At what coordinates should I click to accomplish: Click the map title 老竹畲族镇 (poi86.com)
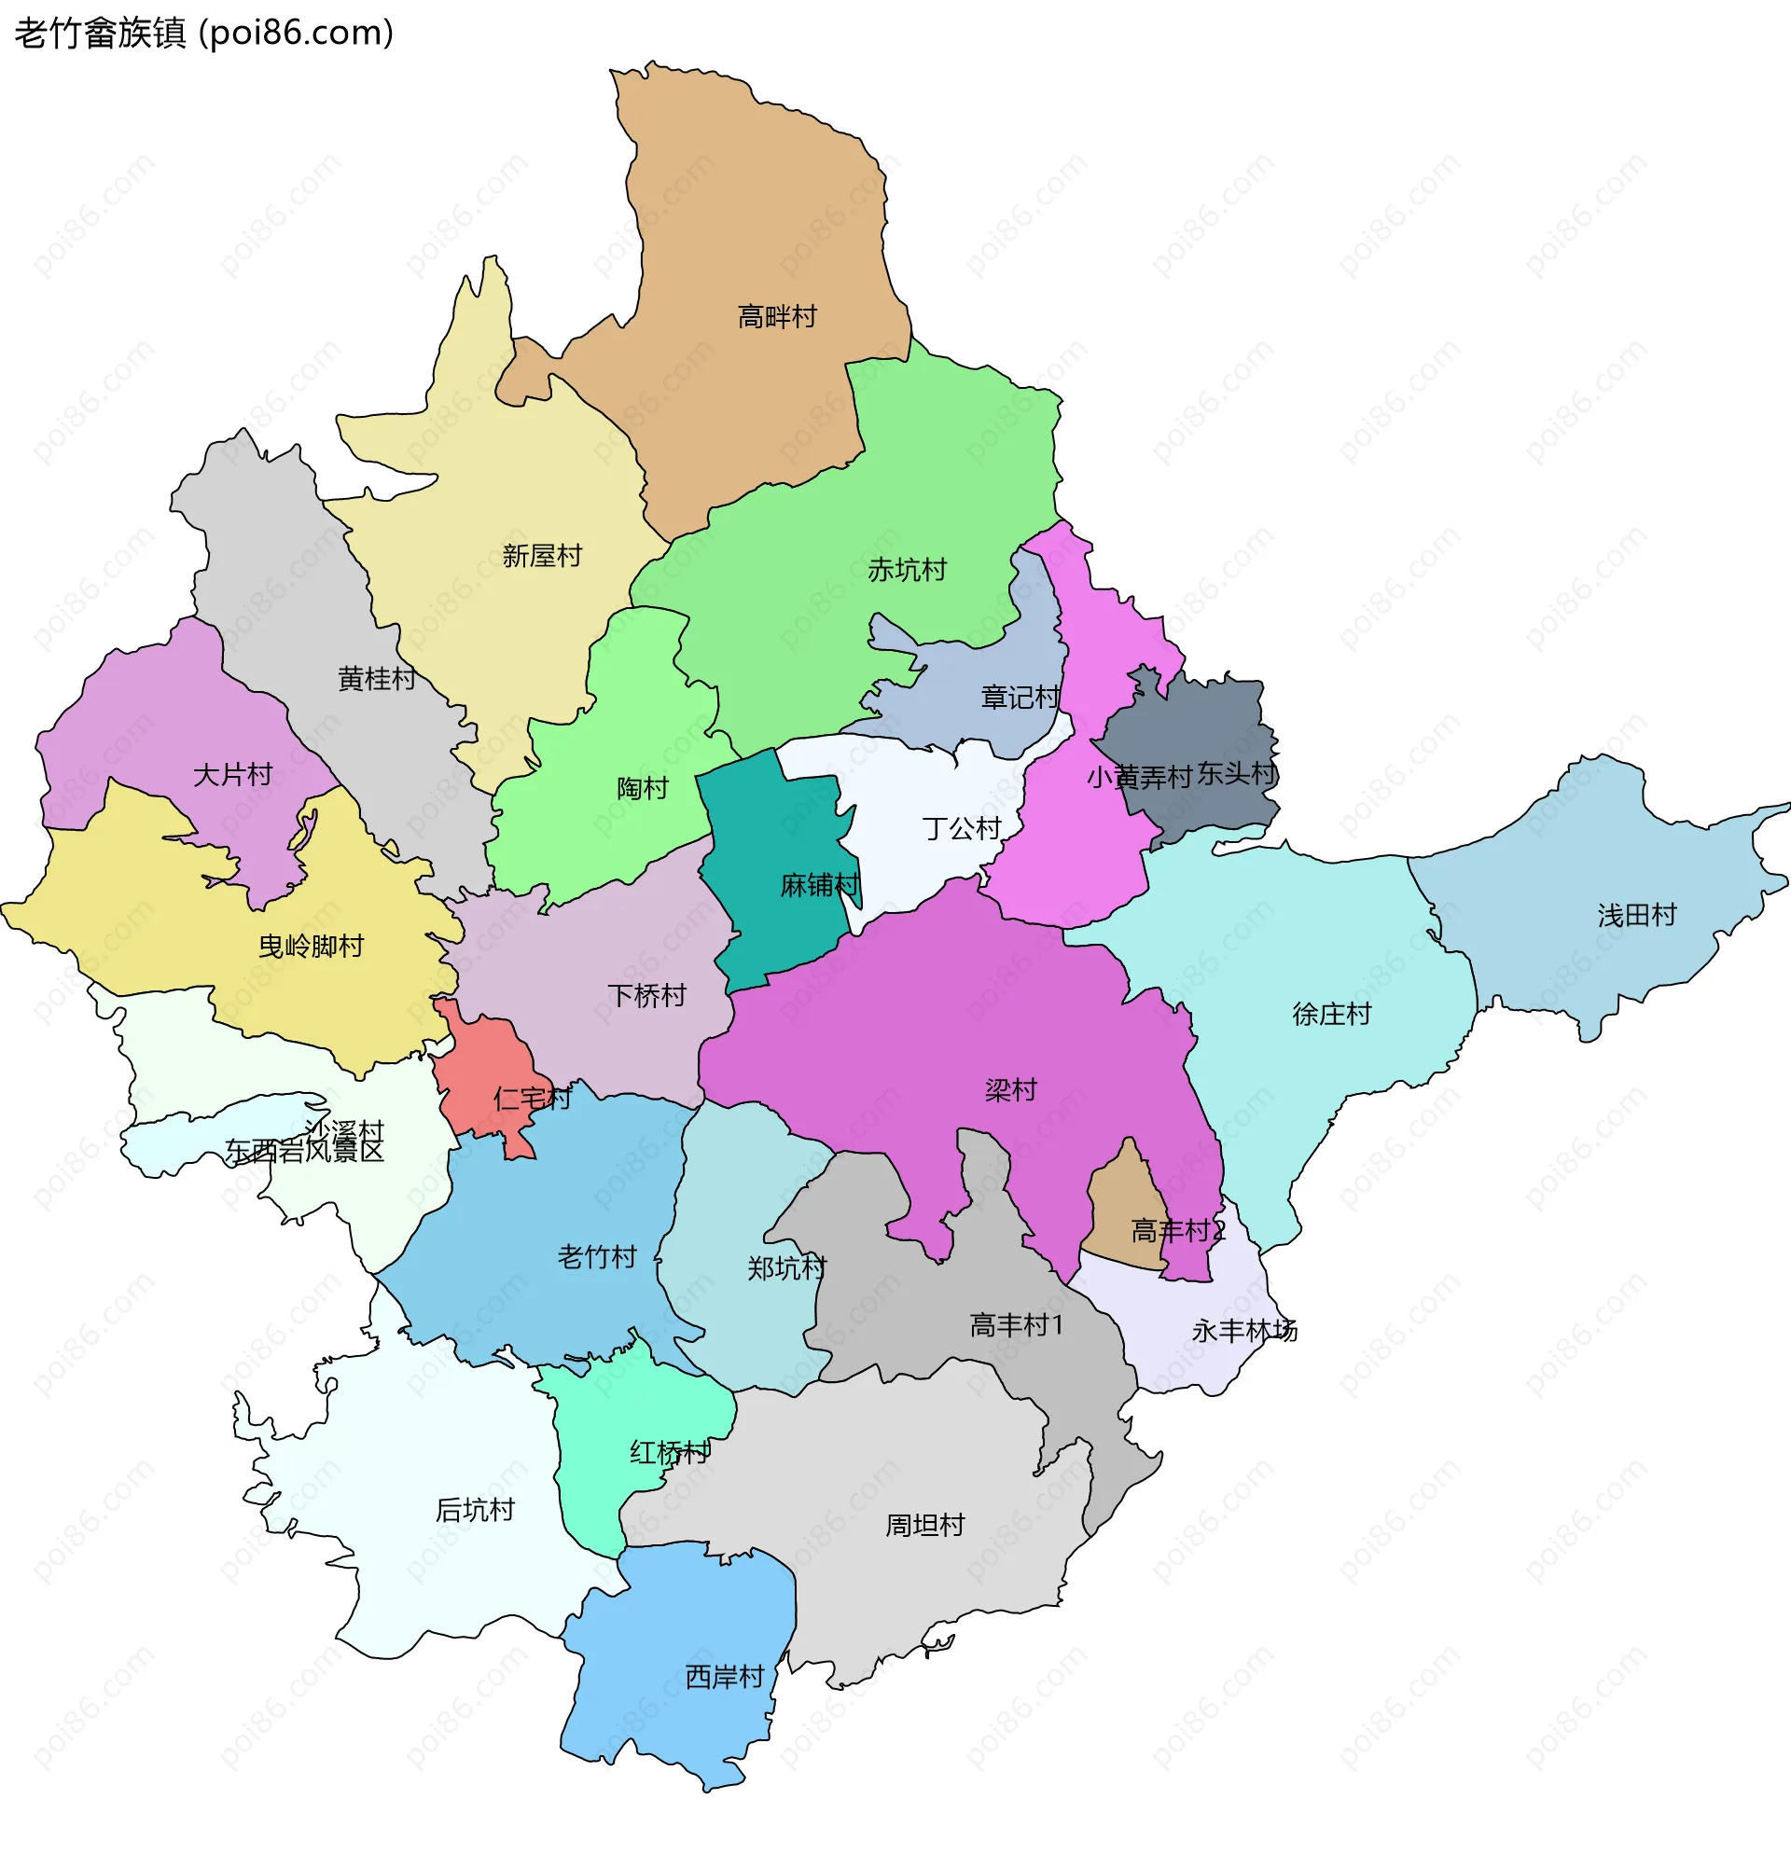tap(203, 34)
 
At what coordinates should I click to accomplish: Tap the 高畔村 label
tap(777, 316)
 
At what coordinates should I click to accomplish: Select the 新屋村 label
tap(541, 555)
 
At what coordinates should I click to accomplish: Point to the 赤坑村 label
tap(907, 570)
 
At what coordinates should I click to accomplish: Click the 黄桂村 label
tap(377, 678)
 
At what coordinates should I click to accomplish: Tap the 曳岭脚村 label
tap(312, 946)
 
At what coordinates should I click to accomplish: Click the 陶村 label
tap(643, 788)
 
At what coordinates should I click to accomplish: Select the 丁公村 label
tap(961, 829)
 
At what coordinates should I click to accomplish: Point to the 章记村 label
tap(1020, 698)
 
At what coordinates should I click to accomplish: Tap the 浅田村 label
tap(1637, 915)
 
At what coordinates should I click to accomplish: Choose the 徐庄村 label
tap(1331, 1014)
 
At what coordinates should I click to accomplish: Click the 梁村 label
tap(1010, 1089)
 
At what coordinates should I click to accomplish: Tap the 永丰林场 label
tap(1244, 1331)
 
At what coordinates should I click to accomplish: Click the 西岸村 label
tap(724, 1677)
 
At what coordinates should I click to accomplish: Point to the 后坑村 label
tap(475, 1510)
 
